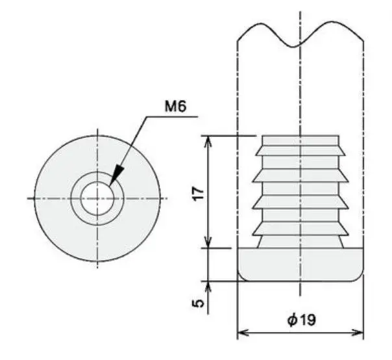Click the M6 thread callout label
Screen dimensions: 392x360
click(x=175, y=106)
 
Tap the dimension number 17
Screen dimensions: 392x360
click(x=199, y=194)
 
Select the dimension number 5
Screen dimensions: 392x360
click(x=198, y=303)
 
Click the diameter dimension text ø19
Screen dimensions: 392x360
click(x=302, y=320)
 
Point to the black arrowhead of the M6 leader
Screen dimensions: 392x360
click(x=117, y=175)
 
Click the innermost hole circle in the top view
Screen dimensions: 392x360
click(x=97, y=199)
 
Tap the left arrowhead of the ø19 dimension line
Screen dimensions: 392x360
click(x=243, y=333)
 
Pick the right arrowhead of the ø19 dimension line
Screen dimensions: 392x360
click(x=358, y=333)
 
